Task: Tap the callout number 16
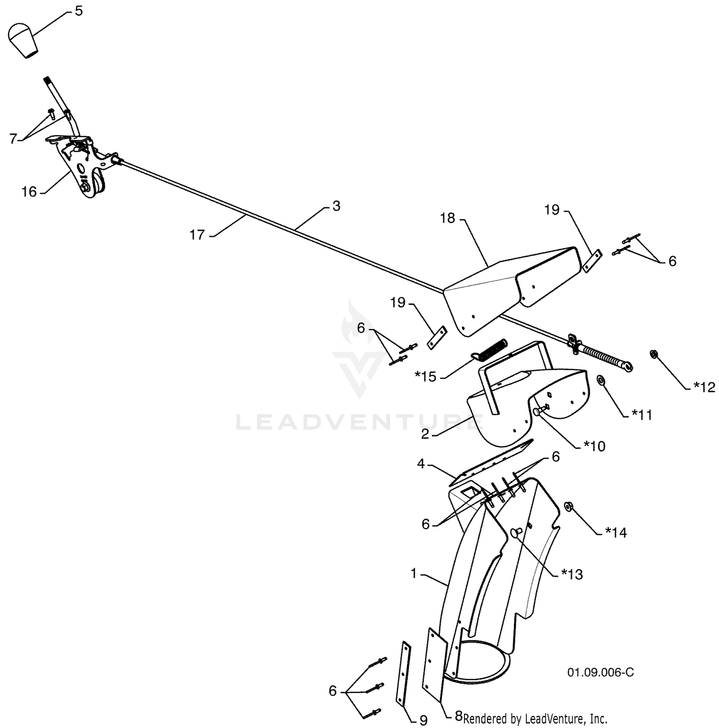click(x=29, y=192)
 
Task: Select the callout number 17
click(x=197, y=235)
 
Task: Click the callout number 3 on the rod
click(x=336, y=206)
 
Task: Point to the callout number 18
click(x=447, y=218)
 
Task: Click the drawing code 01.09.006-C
click(x=601, y=672)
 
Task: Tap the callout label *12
click(x=704, y=387)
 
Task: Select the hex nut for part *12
click(x=652, y=354)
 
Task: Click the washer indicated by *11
click(x=600, y=380)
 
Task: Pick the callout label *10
click(x=594, y=446)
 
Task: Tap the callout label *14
click(x=616, y=532)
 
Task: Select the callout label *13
click(x=572, y=574)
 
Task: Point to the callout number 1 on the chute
click(x=414, y=573)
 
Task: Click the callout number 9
click(x=423, y=720)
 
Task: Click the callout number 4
click(x=421, y=464)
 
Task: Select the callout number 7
click(x=13, y=139)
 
